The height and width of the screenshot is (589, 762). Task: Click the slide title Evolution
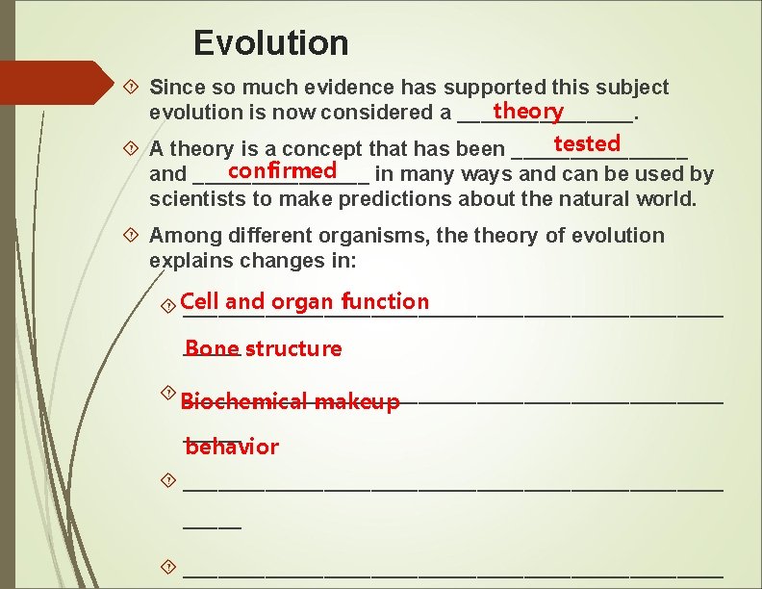coord(270,43)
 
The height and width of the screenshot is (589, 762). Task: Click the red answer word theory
coord(527,112)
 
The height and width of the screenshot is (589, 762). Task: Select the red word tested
coord(587,143)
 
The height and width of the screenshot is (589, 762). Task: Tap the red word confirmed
coord(282,170)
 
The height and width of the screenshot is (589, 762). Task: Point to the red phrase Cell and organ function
coord(304,301)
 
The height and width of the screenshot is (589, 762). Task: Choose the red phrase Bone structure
coord(263,348)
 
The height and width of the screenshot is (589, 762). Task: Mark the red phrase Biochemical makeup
coord(290,401)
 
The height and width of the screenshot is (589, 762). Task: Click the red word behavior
coord(232,447)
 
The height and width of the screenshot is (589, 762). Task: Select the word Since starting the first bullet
coord(173,88)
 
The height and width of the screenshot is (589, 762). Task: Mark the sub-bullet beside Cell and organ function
coord(168,305)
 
